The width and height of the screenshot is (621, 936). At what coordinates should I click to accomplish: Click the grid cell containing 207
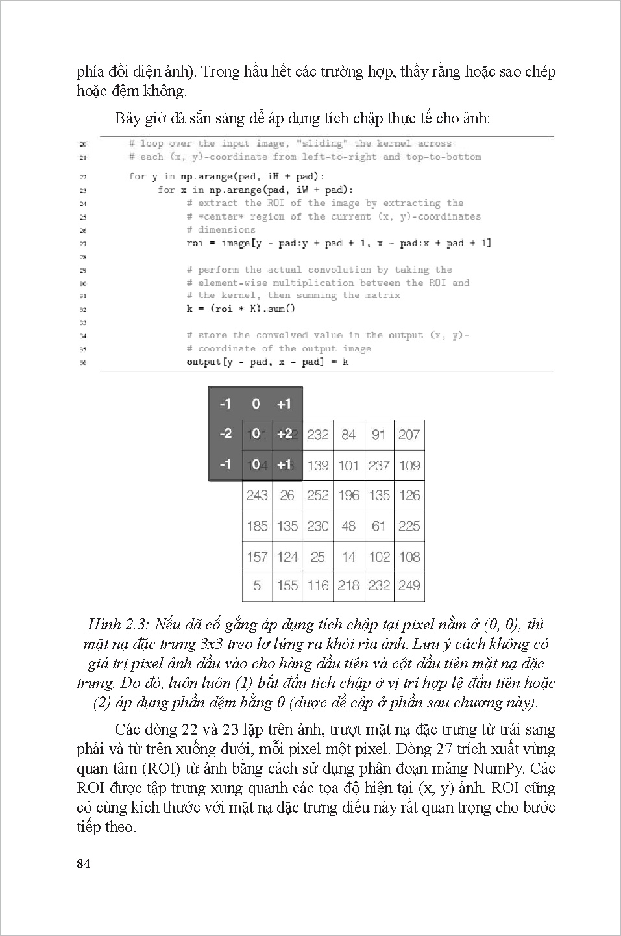409,435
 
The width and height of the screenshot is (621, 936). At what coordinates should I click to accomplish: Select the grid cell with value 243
257,495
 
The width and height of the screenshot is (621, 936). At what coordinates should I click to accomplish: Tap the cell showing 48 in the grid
348,525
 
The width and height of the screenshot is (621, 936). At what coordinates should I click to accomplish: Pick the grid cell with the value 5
257,586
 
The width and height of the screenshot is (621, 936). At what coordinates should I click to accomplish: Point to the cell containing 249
409,586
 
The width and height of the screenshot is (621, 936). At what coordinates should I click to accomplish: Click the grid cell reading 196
348,495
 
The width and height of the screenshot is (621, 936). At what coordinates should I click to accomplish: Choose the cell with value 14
348,557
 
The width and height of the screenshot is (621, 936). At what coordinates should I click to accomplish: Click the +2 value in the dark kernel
284,433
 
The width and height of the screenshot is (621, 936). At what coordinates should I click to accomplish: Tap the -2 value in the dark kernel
225,433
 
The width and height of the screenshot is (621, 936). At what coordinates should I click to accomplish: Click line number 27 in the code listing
83,244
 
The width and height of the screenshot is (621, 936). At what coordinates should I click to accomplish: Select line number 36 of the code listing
83,362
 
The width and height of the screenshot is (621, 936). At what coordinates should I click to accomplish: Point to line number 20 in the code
83,144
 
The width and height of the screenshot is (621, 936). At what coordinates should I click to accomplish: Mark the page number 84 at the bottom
84,863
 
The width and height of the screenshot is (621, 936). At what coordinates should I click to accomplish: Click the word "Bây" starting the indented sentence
128,119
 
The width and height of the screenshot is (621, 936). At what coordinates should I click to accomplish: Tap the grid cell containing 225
409,525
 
